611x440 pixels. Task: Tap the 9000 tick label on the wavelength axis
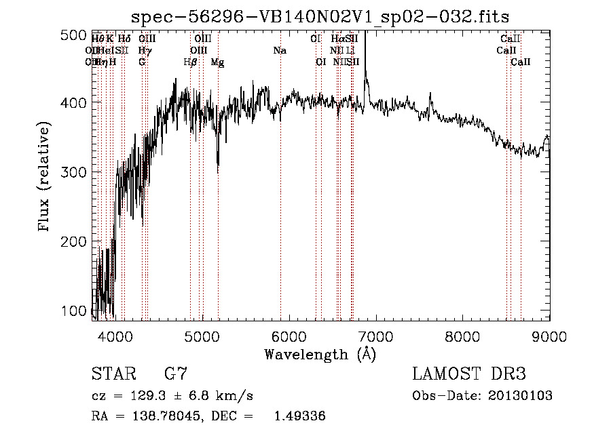(x=549, y=336)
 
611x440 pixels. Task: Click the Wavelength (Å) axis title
(x=320, y=355)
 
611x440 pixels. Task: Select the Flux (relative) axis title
(x=45, y=178)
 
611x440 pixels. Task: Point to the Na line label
(x=280, y=51)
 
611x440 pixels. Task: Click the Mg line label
(x=217, y=62)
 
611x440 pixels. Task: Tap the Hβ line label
(x=190, y=62)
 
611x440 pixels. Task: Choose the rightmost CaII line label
(x=521, y=62)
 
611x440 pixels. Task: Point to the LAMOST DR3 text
(x=469, y=375)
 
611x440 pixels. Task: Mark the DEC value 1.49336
(x=299, y=417)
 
